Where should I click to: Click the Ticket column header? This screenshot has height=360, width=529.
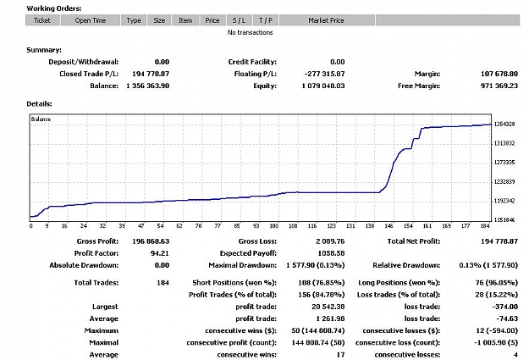coord(42,20)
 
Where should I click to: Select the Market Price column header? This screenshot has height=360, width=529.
coord(326,20)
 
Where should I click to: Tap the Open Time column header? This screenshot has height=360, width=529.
coord(90,20)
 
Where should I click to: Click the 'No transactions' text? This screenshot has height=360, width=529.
coord(250,32)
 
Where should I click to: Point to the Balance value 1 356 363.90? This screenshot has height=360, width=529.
coord(148,86)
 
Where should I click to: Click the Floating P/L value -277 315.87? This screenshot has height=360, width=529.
coord(324,74)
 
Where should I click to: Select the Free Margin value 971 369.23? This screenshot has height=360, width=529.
coord(499,86)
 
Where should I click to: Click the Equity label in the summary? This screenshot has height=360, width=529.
coord(265,86)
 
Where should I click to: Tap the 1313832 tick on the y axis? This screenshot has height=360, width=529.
coord(504,143)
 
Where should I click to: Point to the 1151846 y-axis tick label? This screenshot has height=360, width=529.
coord(504,220)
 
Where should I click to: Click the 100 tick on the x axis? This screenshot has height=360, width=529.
coord(274,225)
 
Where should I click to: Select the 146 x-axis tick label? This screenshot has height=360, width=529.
coord(389,225)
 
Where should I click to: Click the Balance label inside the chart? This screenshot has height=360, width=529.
coord(41,119)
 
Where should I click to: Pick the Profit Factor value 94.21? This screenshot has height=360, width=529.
coord(160,253)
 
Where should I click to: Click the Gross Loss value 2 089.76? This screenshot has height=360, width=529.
coord(330,241)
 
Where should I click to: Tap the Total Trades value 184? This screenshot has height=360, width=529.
coord(163,283)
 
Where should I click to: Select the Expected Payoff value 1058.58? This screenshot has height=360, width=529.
coord(331,253)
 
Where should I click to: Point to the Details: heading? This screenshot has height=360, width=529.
coord(39,103)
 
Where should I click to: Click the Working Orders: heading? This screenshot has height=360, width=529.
coord(54,8)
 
